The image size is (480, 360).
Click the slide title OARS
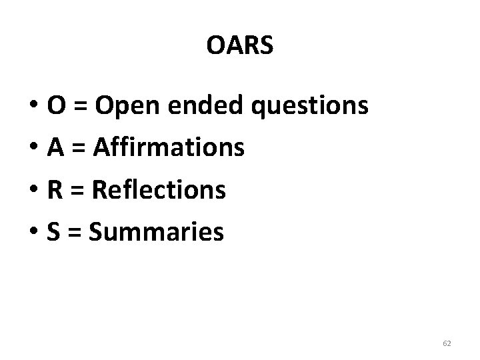point(240,46)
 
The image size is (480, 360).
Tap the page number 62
point(447,343)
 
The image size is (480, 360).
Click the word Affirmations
point(169,148)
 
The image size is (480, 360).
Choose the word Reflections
point(159,191)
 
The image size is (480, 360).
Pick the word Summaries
point(156,233)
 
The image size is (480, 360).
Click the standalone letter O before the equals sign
point(56,106)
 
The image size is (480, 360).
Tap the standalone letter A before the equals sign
point(56,148)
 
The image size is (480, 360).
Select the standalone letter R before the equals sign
point(55,191)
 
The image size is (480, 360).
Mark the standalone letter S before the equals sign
point(54,233)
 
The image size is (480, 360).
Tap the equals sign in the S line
point(75,234)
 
